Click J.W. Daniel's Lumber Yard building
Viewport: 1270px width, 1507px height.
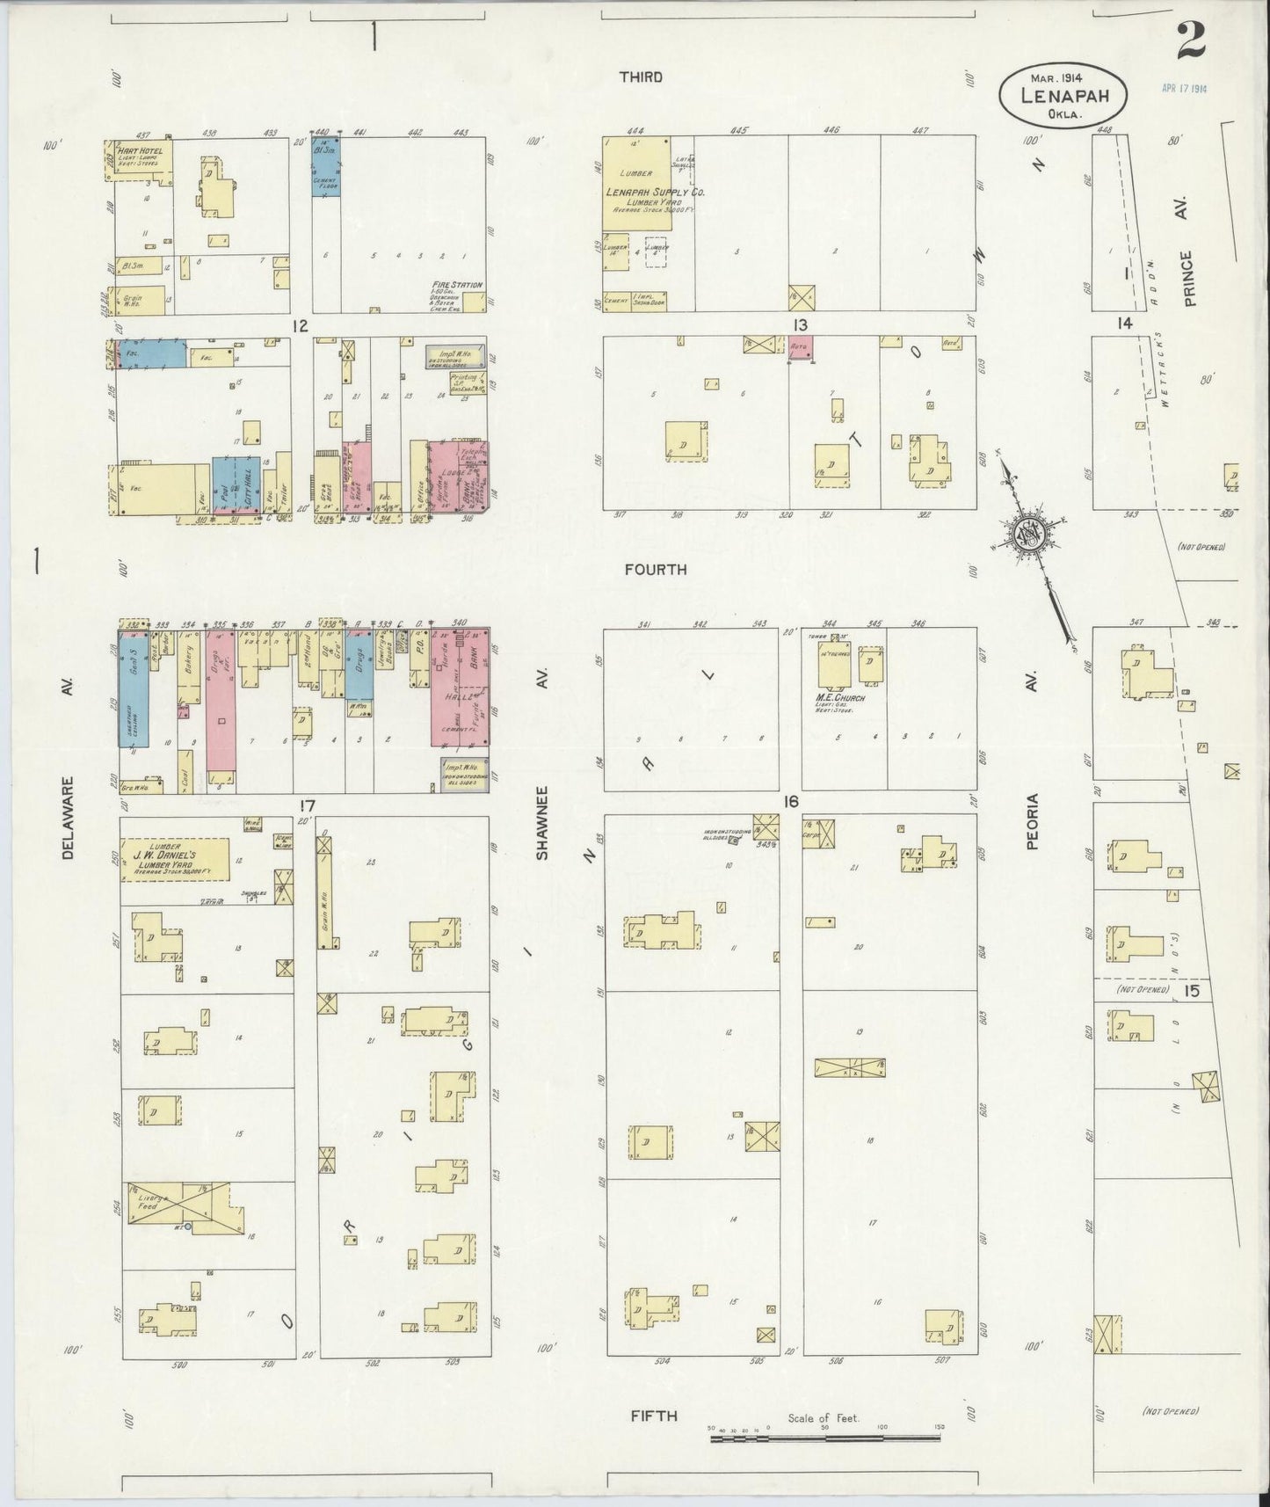(x=176, y=858)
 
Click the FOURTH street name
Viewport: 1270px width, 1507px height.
(x=656, y=570)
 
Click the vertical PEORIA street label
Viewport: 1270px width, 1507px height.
(x=1032, y=821)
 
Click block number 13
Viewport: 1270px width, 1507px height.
(x=800, y=326)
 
